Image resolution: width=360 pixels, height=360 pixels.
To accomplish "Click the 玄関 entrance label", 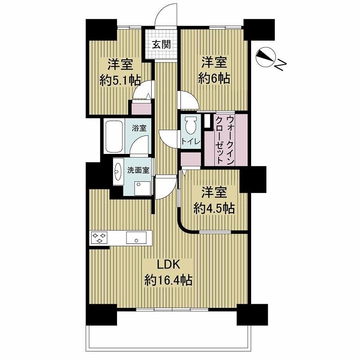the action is click(x=162, y=44).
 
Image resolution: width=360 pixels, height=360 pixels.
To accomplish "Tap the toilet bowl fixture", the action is click(x=191, y=124).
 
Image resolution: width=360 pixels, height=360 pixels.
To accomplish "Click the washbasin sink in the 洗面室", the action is click(x=118, y=171).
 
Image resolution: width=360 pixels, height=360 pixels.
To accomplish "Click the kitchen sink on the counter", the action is click(x=136, y=238).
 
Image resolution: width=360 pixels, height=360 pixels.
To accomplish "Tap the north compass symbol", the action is click(x=265, y=57).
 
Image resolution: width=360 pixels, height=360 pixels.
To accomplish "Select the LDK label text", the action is click(x=168, y=265).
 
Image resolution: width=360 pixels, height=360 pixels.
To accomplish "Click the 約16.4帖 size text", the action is click(x=168, y=280).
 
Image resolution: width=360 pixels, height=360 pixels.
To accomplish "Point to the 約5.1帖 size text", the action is click(x=120, y=81).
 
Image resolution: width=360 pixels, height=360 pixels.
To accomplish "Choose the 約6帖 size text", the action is click(x=214, y=79).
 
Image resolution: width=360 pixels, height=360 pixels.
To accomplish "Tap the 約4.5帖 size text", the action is click(x=214, y=208).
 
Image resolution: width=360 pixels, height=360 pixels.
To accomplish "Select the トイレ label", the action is click(x=191, y=141).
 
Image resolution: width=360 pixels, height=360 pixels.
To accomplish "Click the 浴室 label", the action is click(x=139, y=128).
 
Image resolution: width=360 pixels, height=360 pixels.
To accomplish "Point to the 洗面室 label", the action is click(x=139, y=170).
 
